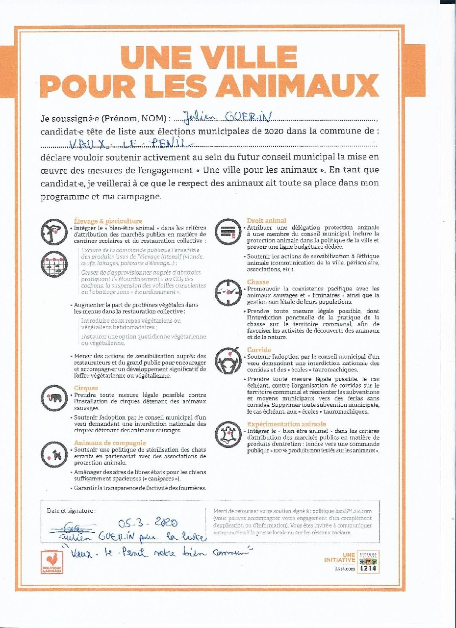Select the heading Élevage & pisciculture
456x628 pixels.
[108, 221]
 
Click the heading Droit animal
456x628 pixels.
[266, 221]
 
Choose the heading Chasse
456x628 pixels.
[258, 282]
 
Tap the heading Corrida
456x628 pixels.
[260, 350]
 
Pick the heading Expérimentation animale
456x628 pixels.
[286, 424]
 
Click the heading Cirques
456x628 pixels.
[86, 388]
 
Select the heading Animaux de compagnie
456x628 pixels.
[109, 443]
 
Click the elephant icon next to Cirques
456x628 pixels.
[54, 397]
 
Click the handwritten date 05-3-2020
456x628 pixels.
[148, 523]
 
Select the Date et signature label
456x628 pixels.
[71, 510]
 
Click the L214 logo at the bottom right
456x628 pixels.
[368, 562]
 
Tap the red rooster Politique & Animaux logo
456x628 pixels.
[52, 562]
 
